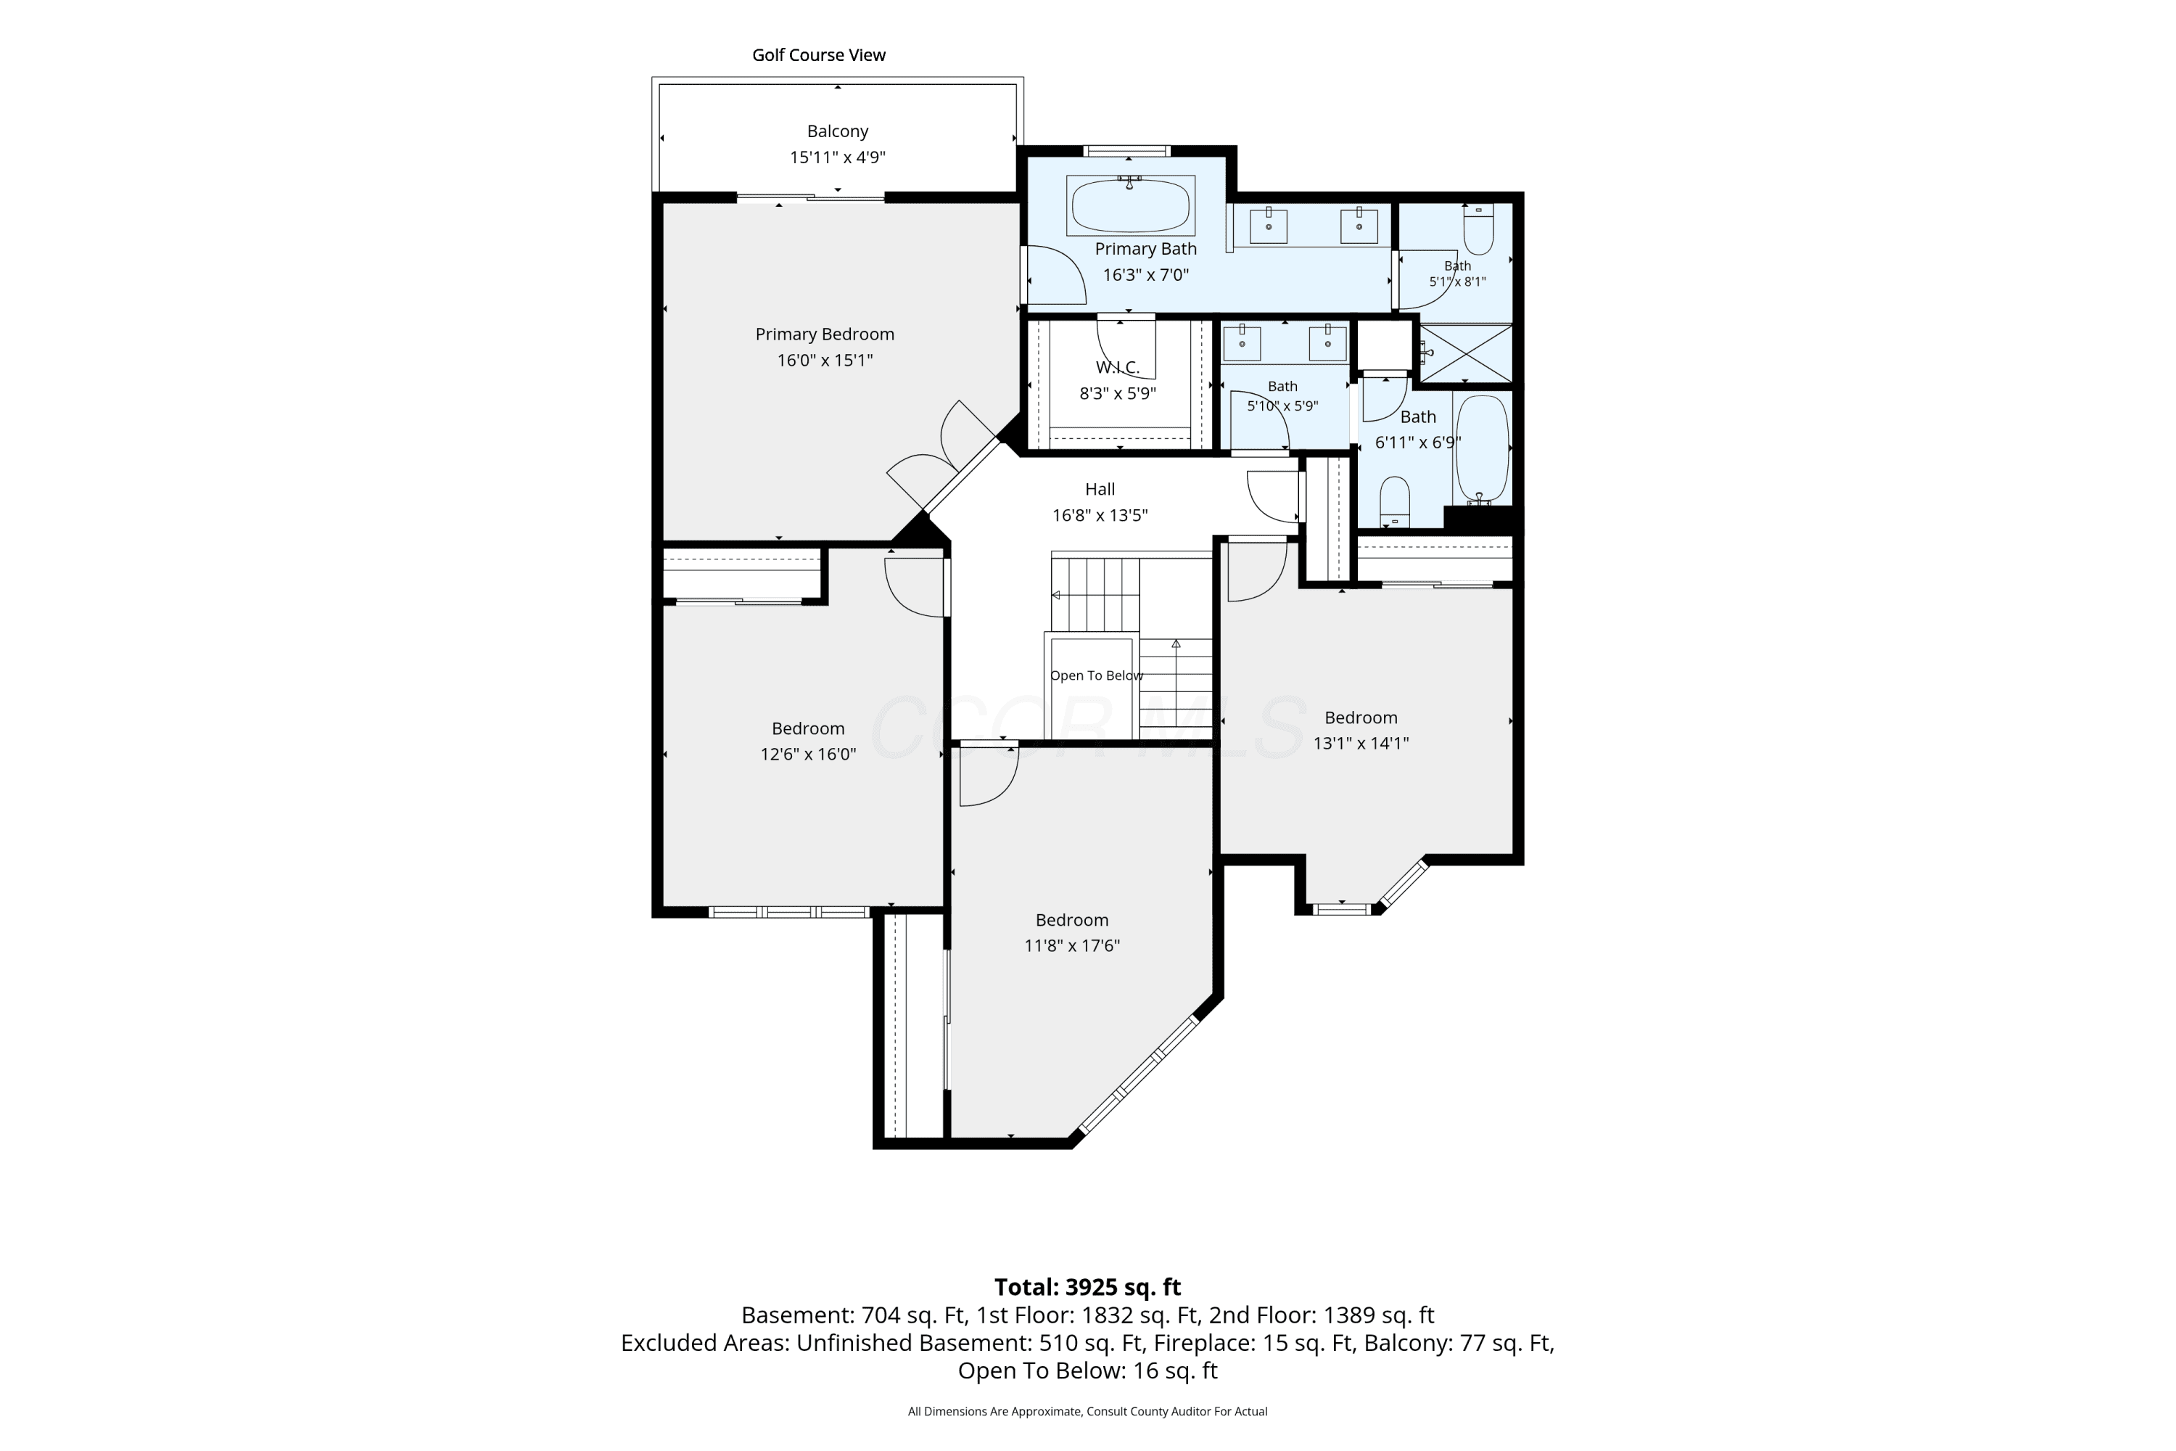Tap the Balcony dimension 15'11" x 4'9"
837,157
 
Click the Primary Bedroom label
824,334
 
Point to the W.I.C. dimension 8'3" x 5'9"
1118,393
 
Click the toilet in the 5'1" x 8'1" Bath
1478,229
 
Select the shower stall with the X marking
1465,353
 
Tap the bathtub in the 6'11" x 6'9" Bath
1482,449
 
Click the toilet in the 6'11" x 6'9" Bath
1394,501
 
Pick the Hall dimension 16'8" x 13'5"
1099,515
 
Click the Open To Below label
1096,675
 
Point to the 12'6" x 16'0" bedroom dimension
808,755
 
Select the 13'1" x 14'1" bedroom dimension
1361,743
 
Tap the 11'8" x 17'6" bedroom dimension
1071,946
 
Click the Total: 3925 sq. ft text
1087,1287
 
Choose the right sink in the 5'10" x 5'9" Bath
1327,342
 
